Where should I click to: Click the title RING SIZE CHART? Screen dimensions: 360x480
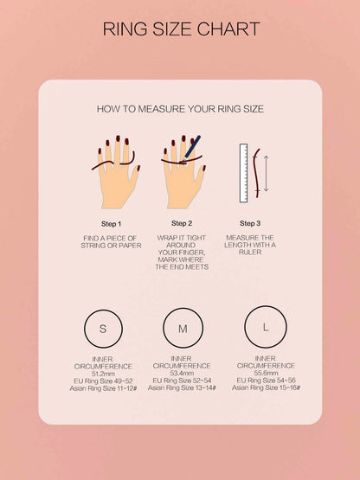pos(181,29)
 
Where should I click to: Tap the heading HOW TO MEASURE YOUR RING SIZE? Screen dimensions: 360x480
pos(180,109)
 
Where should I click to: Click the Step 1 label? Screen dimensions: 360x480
pos(112,224)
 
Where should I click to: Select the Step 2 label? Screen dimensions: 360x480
pos(182,223)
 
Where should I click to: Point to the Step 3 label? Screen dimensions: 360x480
pos(250,223)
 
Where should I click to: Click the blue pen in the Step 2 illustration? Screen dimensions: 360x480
pos(192,147)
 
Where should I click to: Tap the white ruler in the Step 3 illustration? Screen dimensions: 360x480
pos(243,173)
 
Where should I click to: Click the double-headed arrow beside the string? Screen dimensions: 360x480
pos(266,173)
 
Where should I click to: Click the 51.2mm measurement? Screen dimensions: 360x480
pos(103,374)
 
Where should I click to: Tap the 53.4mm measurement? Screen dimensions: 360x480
pos(182,373)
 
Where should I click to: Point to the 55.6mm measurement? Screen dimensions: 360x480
pos(266,373)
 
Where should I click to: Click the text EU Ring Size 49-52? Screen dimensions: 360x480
pos(103,381)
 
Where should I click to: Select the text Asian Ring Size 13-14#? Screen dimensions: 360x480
pos(182,387)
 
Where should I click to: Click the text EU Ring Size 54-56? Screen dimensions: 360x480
pos(266,381)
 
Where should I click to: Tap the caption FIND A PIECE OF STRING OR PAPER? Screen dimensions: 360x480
pos(112,242)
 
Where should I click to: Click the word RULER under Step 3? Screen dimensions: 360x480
pos(250,253)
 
